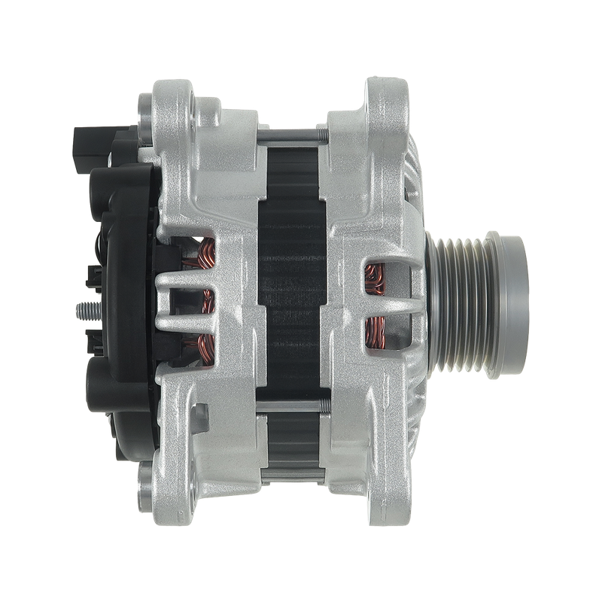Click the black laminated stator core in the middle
tap(293, 301)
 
